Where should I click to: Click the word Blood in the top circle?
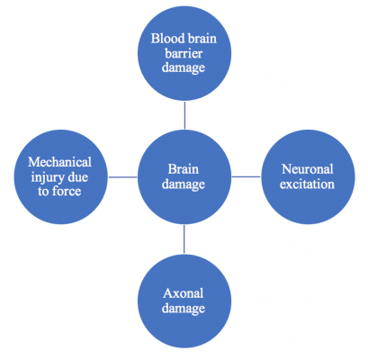click(166, 39)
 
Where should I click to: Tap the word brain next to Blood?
click(201, 39)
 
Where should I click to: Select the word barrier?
click(184, 53)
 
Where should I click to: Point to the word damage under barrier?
click(184, 67)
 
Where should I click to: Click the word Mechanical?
click(59, 162)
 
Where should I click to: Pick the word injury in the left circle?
click(46, 177)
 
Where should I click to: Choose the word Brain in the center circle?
click(184, 169)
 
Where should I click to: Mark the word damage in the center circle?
click(184, 184)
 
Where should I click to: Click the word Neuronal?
click(308, 169)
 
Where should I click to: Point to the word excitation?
click(307, 184)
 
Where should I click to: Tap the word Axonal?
click(184, 293)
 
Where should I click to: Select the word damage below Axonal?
click(184, 309)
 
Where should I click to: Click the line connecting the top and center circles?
click(184, 115)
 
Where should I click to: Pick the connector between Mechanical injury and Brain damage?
click(123, 177)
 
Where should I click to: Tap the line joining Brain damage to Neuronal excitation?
click(247, 176)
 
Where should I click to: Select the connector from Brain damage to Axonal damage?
click(184, 239)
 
